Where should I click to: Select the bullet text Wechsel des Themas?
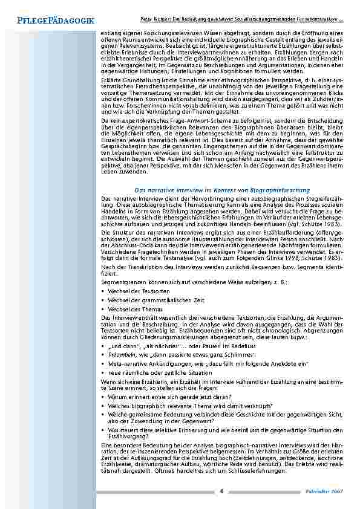tap(133, 309)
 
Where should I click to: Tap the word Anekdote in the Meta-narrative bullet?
tap(278, 348)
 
